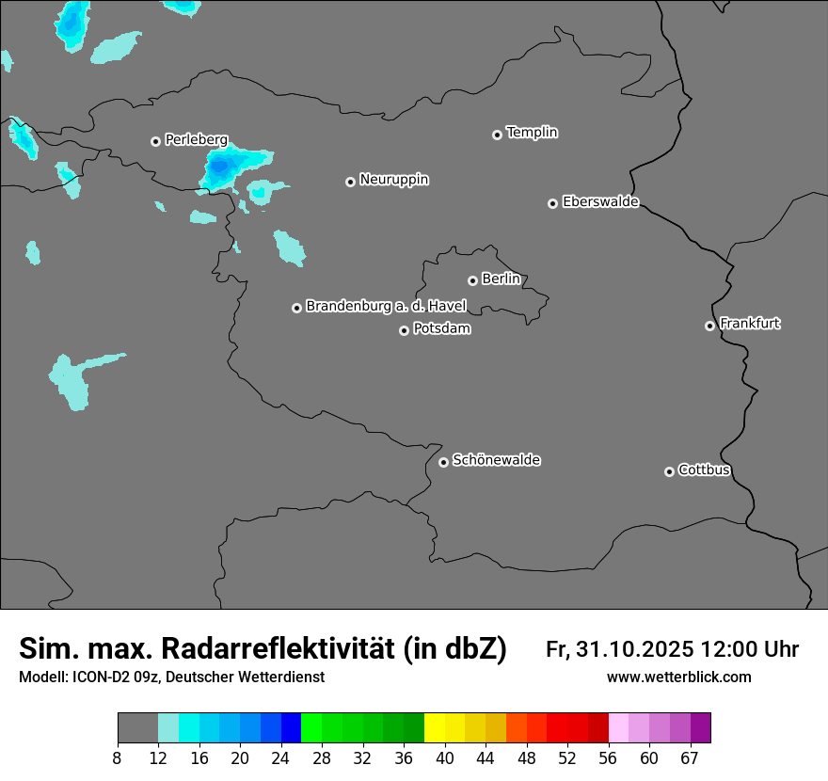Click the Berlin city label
pos(501,279)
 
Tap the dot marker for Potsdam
pos(405,330)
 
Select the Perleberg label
pos(196,139)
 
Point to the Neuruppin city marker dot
pos(350,182)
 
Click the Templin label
pos(532,133)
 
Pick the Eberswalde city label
pos(600,201)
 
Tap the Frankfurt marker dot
pos(709,326)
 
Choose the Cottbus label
pos(704,470)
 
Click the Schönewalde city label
pos(496,460)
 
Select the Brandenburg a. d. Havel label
pos(386,306)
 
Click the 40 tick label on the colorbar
pos(445,758)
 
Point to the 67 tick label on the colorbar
pos(690,758)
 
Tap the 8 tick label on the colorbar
pos(118,758)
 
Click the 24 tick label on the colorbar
pos(280,758)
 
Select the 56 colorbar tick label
pos(609,758)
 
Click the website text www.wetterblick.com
pos(679,677)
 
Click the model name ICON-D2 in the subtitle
pos(97,677)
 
